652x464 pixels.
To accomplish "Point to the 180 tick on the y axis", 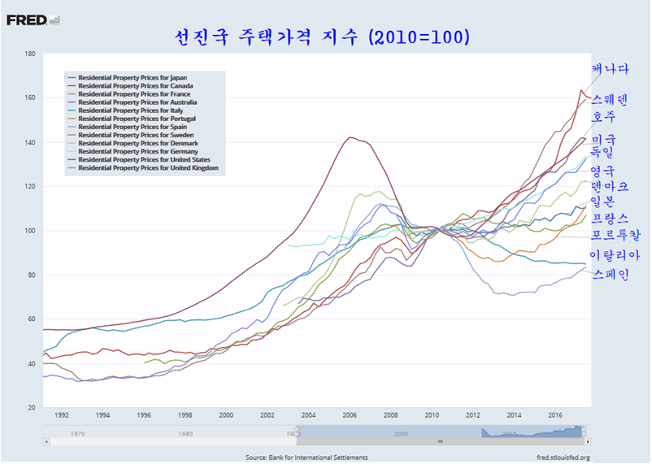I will click(29, 54).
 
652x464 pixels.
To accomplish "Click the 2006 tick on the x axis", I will click(350, 414).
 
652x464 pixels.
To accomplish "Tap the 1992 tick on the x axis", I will click(62, 414).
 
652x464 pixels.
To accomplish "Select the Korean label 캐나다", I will click(611, 69).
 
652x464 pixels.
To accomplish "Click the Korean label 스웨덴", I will click(611, 100).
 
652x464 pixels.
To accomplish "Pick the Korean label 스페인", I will click(611, 274).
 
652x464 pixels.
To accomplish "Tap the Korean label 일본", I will click(605, 201).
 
